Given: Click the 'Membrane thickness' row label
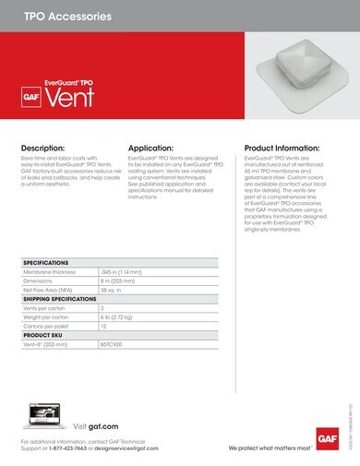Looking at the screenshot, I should (x=54, y=273).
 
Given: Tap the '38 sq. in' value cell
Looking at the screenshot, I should (x=111, y=291).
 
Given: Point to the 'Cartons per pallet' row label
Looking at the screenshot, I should (x=50, y=326).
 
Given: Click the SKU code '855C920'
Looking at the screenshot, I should (x=112, y=343).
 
